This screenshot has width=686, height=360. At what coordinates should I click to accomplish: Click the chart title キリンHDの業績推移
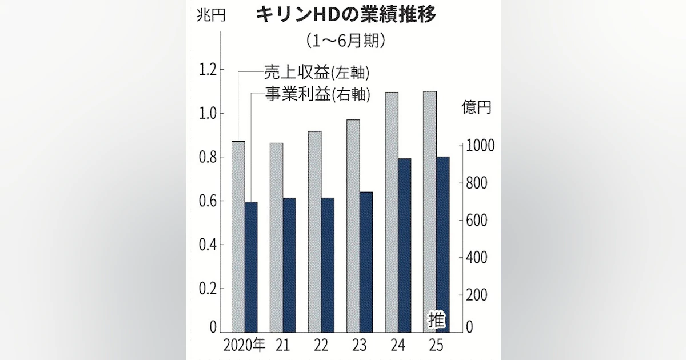[345, 15]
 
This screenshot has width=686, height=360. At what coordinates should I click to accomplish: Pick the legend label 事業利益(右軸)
[317, 94]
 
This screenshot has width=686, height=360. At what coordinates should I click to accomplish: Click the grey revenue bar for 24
[392, 211]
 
